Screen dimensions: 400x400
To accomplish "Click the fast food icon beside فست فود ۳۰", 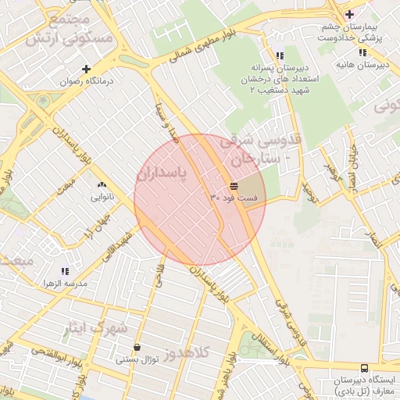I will (x=234, y=185).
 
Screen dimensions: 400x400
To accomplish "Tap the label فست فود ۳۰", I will (x=234, y=198).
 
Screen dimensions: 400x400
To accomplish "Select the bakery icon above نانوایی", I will (x=102, y=185).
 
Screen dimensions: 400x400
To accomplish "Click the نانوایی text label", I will (x=102, y=198).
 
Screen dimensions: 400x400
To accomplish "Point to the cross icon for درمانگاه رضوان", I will (x=87, y=69).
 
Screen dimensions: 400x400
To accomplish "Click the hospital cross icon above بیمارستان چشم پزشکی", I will (x=349, y=13).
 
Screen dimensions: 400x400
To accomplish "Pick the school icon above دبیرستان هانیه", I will (x=361, y=53).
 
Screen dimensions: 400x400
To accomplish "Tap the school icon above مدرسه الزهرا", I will (x=64, y=270).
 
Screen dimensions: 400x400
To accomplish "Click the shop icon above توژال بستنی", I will (x=137, y=348).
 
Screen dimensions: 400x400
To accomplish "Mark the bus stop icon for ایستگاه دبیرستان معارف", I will (x=363, y=368).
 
